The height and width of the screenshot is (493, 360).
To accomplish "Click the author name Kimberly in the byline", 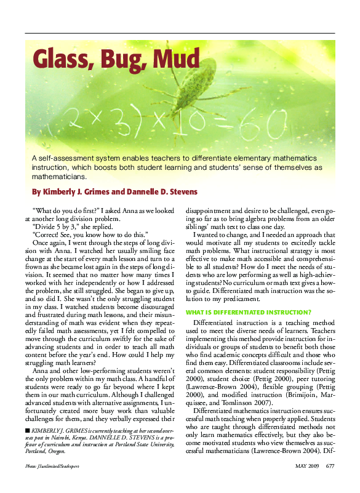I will pyautogui.click(x=62, y=191).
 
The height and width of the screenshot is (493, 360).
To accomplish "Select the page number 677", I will pyautogui.click(x=330, y=482).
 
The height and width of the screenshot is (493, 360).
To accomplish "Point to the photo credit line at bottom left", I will pyautogui.click(x=52, y=483).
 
